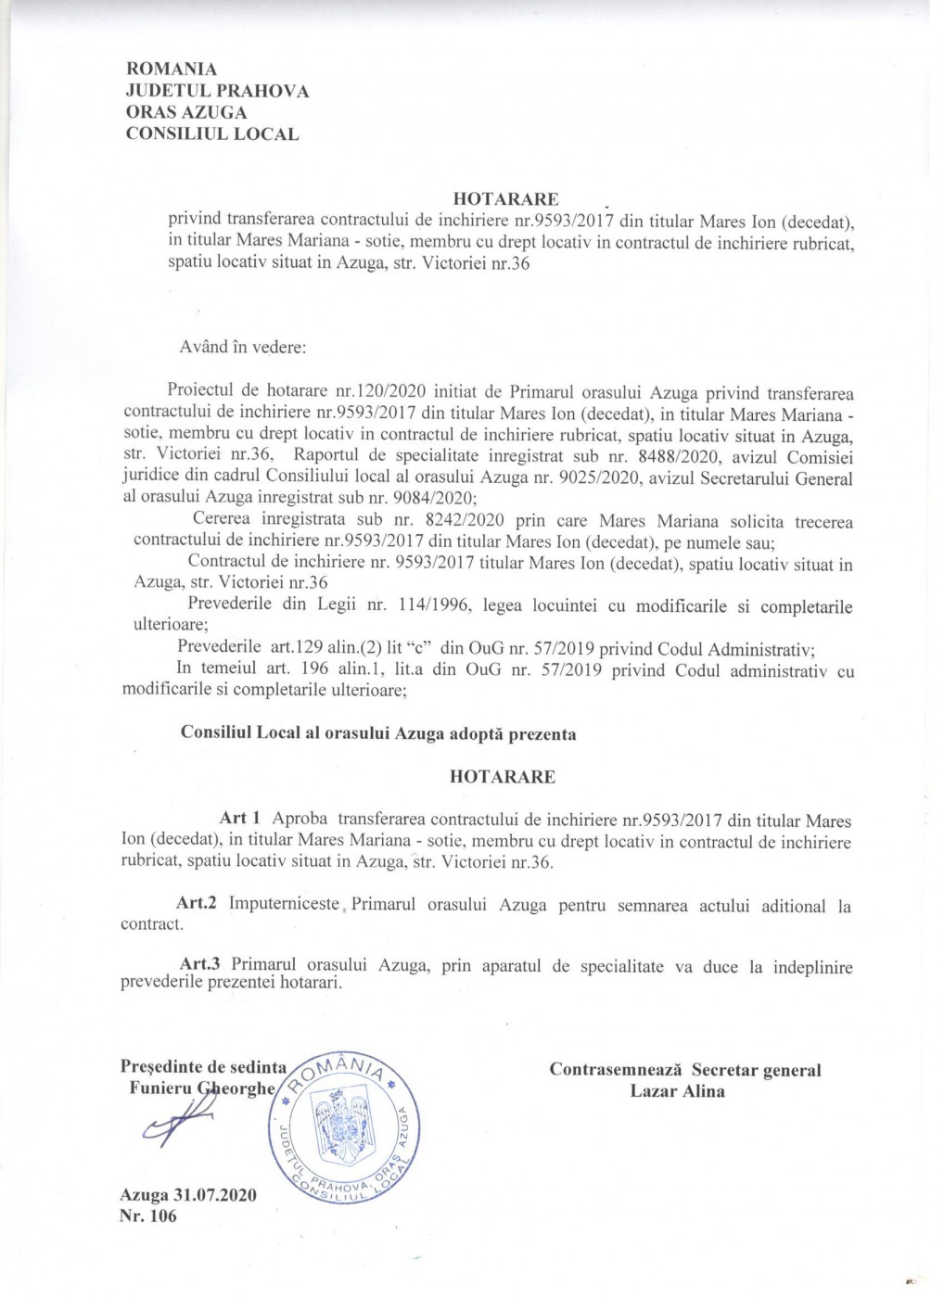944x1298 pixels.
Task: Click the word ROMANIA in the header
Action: point(171,70)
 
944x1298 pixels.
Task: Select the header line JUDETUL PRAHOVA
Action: point(217,91)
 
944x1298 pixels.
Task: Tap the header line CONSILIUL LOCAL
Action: point(211,134)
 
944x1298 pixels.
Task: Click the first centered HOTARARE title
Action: point(505,198)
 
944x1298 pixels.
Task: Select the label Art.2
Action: point(197,905)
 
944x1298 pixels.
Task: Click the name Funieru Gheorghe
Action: point(203,1089)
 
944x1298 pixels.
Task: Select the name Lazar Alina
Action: point(678,1091)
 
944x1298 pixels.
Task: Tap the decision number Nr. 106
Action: point(148,1215)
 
